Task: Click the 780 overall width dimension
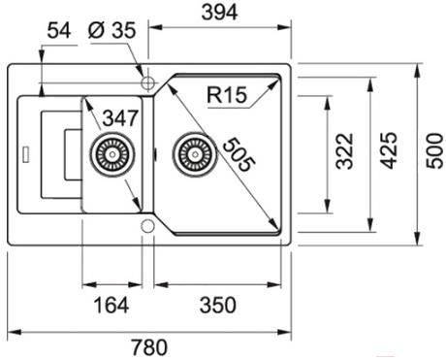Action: click(x=149, y=347)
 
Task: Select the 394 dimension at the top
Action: click(x=219, y=13)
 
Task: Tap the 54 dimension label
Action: click(x=59, y=31)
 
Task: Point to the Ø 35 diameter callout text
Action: click(x=112, y=31)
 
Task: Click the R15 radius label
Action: click(x=227, y=95)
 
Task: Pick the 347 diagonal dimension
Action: click(x=120, y=118)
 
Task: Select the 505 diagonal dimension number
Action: click(x=239, y=153)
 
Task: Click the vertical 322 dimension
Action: click(x=344, y=151)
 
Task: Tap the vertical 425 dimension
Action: click(x=388, y=150)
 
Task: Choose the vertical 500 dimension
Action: click(x=434, y=150)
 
